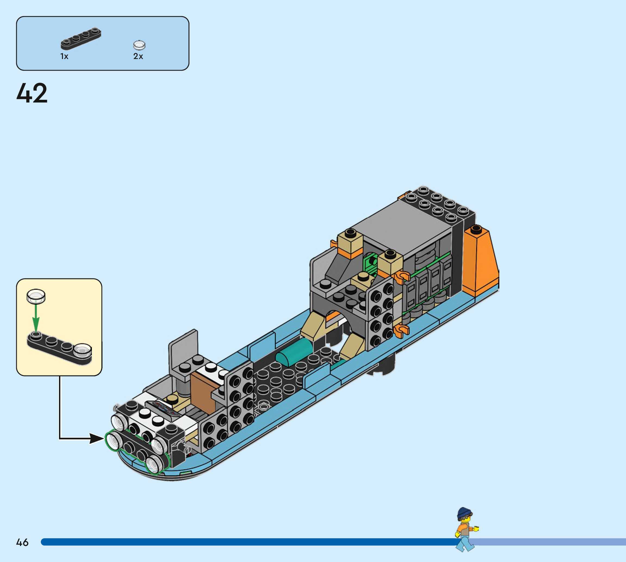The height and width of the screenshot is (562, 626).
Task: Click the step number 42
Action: (x=32, y=93)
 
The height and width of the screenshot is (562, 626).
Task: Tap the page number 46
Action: (x=22, y=542)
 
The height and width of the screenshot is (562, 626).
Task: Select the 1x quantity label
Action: (x=64, y=56)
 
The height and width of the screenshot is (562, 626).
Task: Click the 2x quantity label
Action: (x=138, y=56)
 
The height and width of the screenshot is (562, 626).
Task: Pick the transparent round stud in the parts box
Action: (x=139, y=45)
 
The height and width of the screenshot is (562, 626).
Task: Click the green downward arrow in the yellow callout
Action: (x=36, y=318)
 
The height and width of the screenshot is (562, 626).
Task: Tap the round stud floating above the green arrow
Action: (x=36, y=296)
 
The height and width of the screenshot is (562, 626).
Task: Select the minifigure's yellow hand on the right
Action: (x=476, y=529)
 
